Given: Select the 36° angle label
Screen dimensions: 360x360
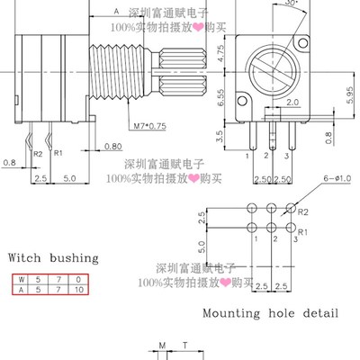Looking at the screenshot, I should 265,4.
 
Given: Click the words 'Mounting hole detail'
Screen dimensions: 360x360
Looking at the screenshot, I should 271,314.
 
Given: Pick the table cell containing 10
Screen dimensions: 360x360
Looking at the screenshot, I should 80,291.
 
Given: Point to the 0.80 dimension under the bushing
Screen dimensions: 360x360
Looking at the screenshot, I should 113,145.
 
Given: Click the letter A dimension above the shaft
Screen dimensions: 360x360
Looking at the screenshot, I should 116,11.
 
